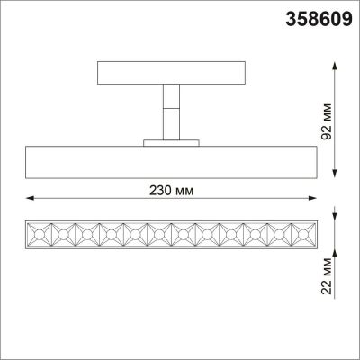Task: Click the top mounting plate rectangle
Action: coord(169,71)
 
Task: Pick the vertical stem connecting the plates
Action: coord(169,111)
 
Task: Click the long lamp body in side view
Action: coord(169,161)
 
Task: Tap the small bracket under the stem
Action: coord(169,141)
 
